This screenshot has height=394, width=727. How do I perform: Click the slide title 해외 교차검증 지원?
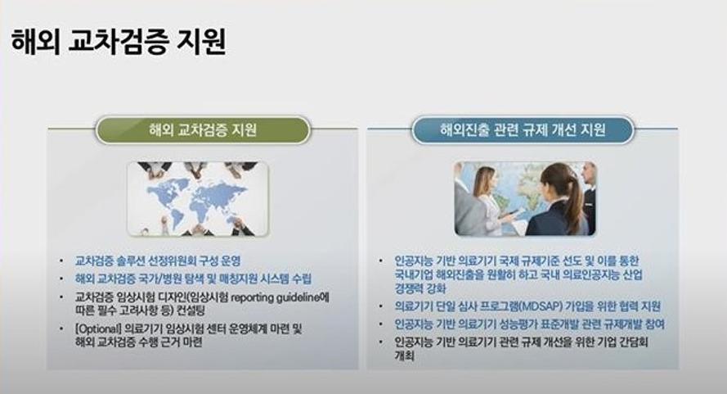119,41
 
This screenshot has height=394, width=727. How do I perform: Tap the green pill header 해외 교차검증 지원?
203,129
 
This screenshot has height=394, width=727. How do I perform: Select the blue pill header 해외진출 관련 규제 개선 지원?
523,129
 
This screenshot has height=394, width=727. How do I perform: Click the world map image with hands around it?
198,199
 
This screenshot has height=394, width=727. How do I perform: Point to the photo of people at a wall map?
525,199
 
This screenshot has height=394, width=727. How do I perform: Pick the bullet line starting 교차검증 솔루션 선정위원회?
158,260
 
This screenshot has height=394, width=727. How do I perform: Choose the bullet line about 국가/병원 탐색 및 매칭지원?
193,279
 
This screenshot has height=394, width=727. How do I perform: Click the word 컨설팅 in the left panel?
191,310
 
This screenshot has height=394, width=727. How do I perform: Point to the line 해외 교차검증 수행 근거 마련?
139,342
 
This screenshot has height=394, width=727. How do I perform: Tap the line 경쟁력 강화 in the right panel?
420,288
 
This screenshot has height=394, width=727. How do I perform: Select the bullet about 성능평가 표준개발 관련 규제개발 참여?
529,324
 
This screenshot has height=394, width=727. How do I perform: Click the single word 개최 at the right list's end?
404,356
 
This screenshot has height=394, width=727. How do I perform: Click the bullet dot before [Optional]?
61,329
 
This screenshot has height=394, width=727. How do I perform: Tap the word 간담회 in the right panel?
634,342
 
